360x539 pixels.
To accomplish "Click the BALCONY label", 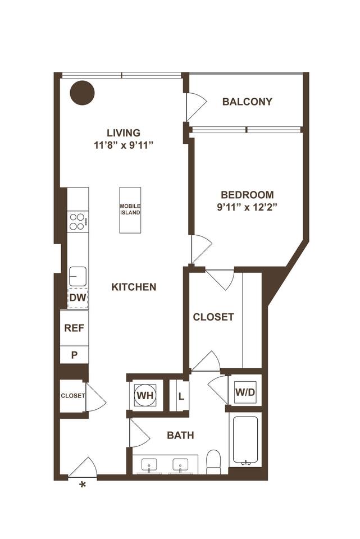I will pos(247,102).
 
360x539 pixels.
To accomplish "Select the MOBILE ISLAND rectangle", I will pos(130,210).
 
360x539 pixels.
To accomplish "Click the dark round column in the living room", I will pos(82,92).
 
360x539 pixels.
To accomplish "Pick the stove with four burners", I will pos(78,221).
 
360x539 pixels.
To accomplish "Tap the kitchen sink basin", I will pos(78,276).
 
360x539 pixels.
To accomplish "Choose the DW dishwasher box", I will pos(78,298).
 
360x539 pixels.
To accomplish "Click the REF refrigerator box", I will pos(74,328).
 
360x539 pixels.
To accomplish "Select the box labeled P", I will pos(74,354).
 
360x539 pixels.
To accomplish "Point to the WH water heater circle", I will pos(145,395).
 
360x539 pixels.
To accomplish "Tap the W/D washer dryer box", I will pos(245,391).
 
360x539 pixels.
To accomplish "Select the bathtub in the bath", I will pos(245,441).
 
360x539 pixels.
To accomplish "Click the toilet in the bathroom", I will pos(213,461).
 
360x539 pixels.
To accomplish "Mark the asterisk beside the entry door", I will pos(84,485).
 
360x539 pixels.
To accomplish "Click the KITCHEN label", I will pos(134,287).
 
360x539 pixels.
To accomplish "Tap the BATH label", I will pos(181,435).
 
